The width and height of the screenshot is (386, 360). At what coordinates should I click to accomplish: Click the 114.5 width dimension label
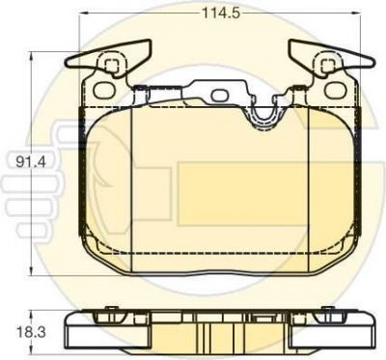[x=221, y=14]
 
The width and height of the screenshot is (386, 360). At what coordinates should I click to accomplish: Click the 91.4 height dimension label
[x=31, y=162]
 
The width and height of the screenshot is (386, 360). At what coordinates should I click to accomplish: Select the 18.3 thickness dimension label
[x=31, y=332]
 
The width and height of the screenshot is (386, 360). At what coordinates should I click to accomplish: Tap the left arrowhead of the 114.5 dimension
[x=83, y=13]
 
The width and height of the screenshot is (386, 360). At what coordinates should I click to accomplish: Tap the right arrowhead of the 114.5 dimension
[x=355, y=13]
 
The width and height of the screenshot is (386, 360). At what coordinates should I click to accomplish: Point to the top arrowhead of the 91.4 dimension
[x=31, y=58]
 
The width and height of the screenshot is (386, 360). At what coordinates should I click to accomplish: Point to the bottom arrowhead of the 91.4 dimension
[x=31, y=270]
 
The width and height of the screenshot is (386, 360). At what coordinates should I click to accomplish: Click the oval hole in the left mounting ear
[x=104, y=90]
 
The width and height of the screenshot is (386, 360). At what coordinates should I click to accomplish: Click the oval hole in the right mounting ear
[x=335, y=90]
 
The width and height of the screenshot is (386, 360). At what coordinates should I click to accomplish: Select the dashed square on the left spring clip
[x=112, y=66]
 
